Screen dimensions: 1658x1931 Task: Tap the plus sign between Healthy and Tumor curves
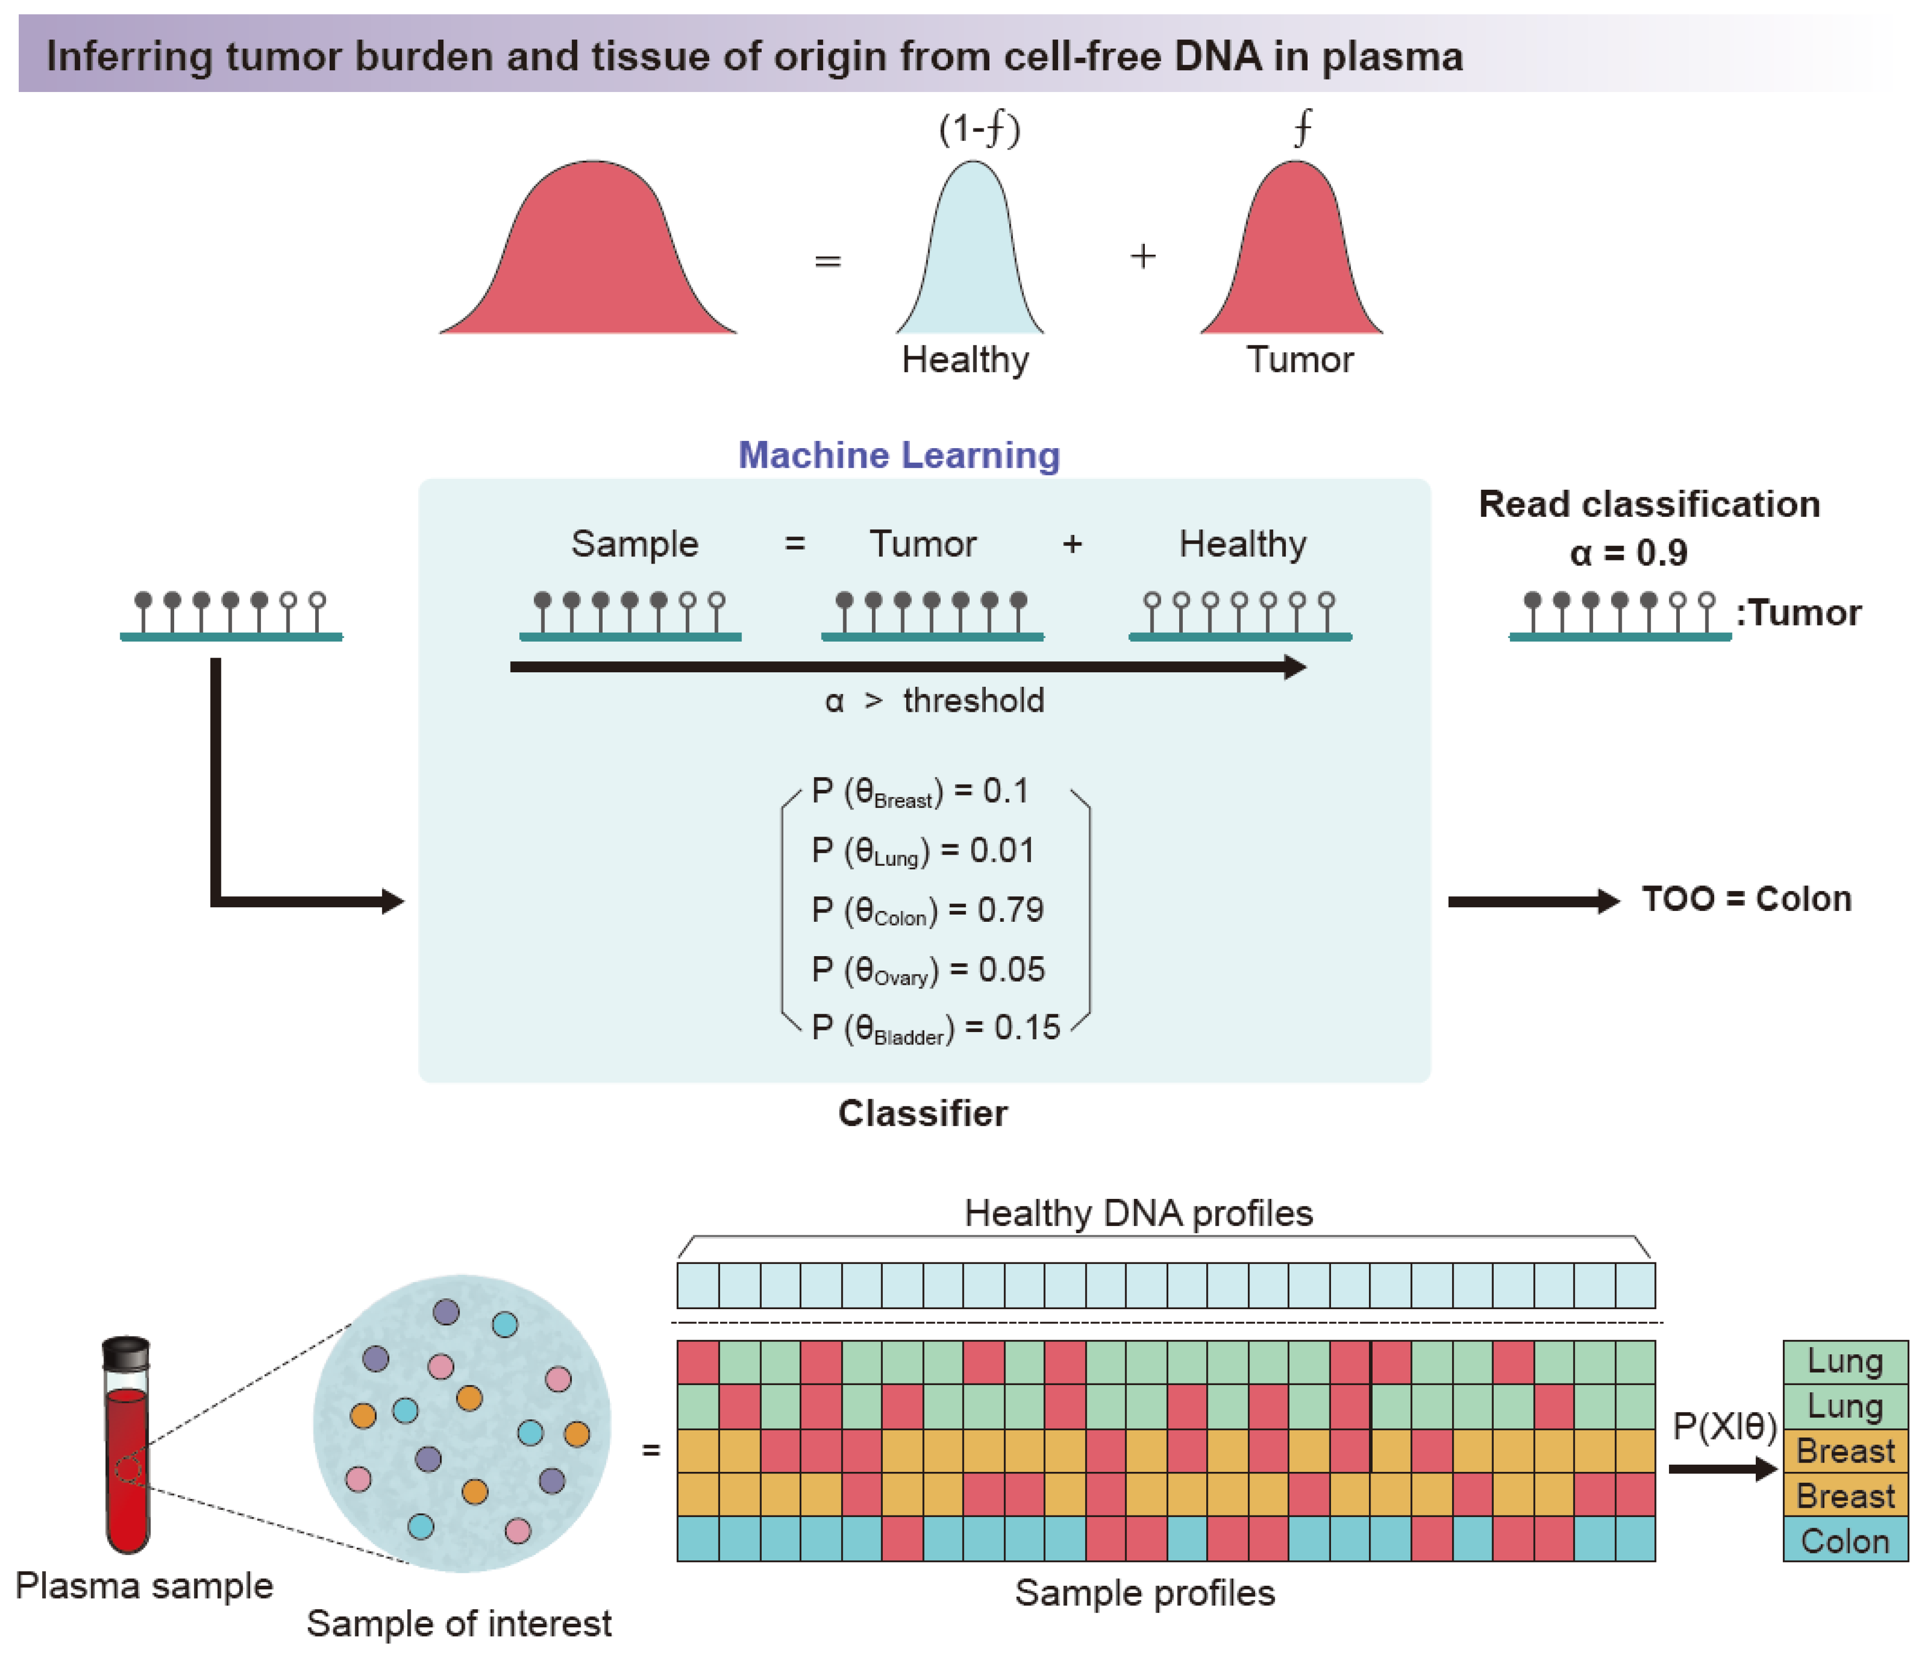[x=1143, y=256]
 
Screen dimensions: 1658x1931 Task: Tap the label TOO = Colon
[x=1745, y=899]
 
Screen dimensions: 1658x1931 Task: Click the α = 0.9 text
[x=1627, y=554]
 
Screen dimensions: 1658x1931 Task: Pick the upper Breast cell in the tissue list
[x=1844, y=1451]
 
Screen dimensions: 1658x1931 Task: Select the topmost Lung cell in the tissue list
[x=1844, y=1362]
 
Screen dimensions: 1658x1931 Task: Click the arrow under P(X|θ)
[x=1722, y=1470]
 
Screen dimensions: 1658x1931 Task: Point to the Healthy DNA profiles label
[x=1138, y=1213]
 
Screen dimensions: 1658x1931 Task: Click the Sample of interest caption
[x=459, y=1624]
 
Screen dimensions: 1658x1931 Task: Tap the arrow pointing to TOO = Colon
[x=1533, y=901]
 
